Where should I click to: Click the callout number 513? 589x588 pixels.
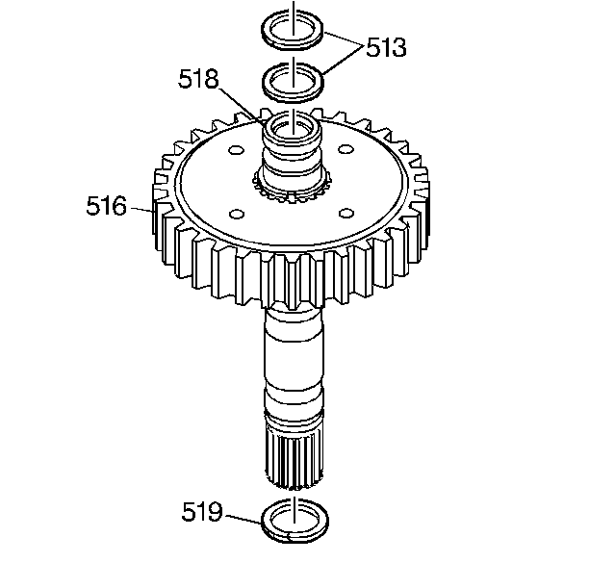pyautogui.click(x=386, y=47)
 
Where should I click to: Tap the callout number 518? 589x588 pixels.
pyautogui.click(x=198, y=79)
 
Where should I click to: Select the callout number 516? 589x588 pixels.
pyautogui.click(x=106, y=206)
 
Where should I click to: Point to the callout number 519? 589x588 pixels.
pyautogui.click(x=202, y=511)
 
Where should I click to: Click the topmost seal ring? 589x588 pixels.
pyautogui.click(x=293, y=46)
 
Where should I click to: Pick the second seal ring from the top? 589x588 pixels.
pyautogui.click(x=293, y=98)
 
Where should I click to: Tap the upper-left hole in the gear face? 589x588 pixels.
pyautogui.click(x=237, y=150)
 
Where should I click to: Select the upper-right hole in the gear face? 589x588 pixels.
pyautogui.click(x=346, y=149)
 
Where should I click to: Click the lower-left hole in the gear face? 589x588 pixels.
pyautogui.click(x=237, y=215)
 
